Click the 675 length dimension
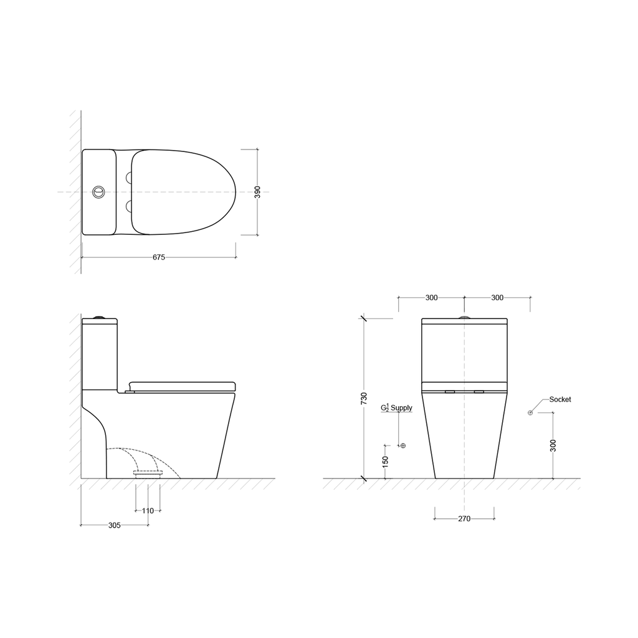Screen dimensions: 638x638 (159, 257)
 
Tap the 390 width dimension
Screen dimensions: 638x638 (257, 192)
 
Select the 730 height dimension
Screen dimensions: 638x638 (364, 398)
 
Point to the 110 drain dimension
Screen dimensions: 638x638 (148, 511)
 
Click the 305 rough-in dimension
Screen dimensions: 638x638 (115, 525)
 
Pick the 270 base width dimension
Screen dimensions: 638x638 (464, 519)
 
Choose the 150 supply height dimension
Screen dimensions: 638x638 (385, 462)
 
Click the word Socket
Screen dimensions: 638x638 (560, 399)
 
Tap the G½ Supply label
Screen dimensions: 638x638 (396, 407)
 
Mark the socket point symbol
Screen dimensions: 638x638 (530, 413)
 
